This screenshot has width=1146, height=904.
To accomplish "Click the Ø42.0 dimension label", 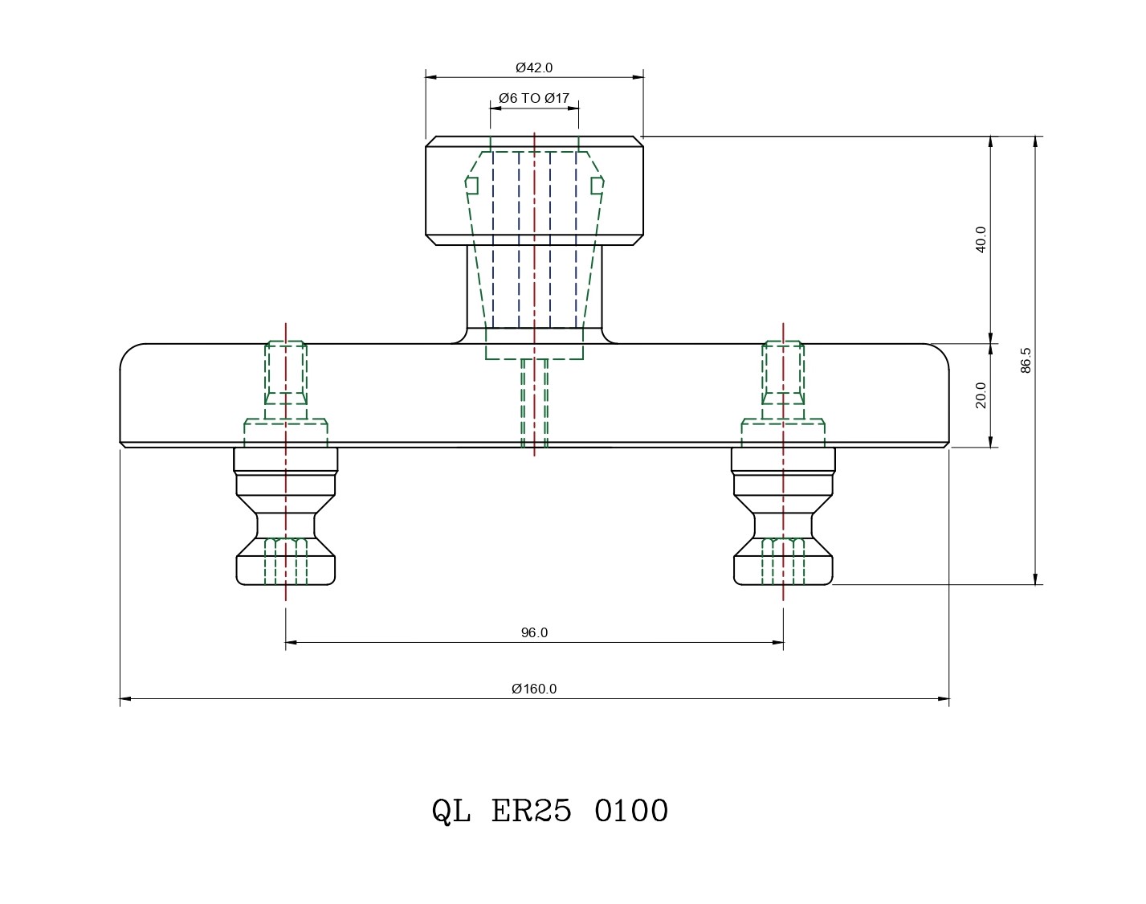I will (534, 67).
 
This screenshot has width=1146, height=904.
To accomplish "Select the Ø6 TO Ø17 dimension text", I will (534, 98).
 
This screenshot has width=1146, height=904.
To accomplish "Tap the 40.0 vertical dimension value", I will (981, 239).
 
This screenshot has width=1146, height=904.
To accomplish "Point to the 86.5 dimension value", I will (1025, 360).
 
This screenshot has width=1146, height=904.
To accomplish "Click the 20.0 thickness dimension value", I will (981, 395).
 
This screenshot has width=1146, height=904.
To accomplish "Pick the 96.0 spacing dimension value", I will (534, 632).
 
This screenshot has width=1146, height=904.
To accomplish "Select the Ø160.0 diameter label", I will (534, 689).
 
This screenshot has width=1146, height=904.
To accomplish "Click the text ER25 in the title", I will (531, 812).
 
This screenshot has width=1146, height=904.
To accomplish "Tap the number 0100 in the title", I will (631, 812).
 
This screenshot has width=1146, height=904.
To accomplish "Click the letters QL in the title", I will (451, 812).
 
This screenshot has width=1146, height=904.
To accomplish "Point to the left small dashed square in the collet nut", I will (472, 186).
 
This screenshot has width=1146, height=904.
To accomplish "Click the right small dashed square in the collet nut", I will (597, 186).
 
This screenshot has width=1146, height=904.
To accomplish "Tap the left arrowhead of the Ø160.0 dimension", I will (125, 699).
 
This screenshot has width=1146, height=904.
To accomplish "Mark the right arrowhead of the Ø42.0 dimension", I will (638, 77).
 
